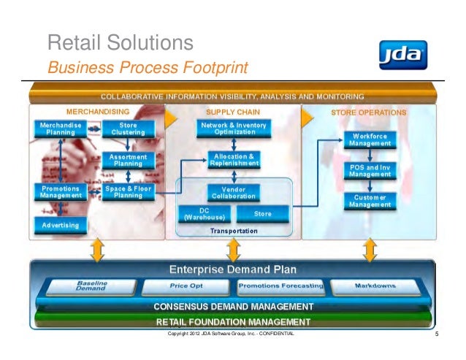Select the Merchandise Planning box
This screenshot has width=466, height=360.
61,129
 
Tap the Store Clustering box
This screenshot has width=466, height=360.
128,129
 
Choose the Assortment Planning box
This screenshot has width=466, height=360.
128,160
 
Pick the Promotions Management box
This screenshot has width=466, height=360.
61,191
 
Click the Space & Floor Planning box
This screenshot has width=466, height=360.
128,191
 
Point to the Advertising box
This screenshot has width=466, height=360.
61,225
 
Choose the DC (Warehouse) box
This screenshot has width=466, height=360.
205,213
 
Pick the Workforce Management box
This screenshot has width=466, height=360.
375,139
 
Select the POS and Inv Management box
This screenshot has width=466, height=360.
375,170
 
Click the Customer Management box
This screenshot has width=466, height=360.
375,201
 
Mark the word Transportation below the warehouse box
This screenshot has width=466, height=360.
234,230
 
